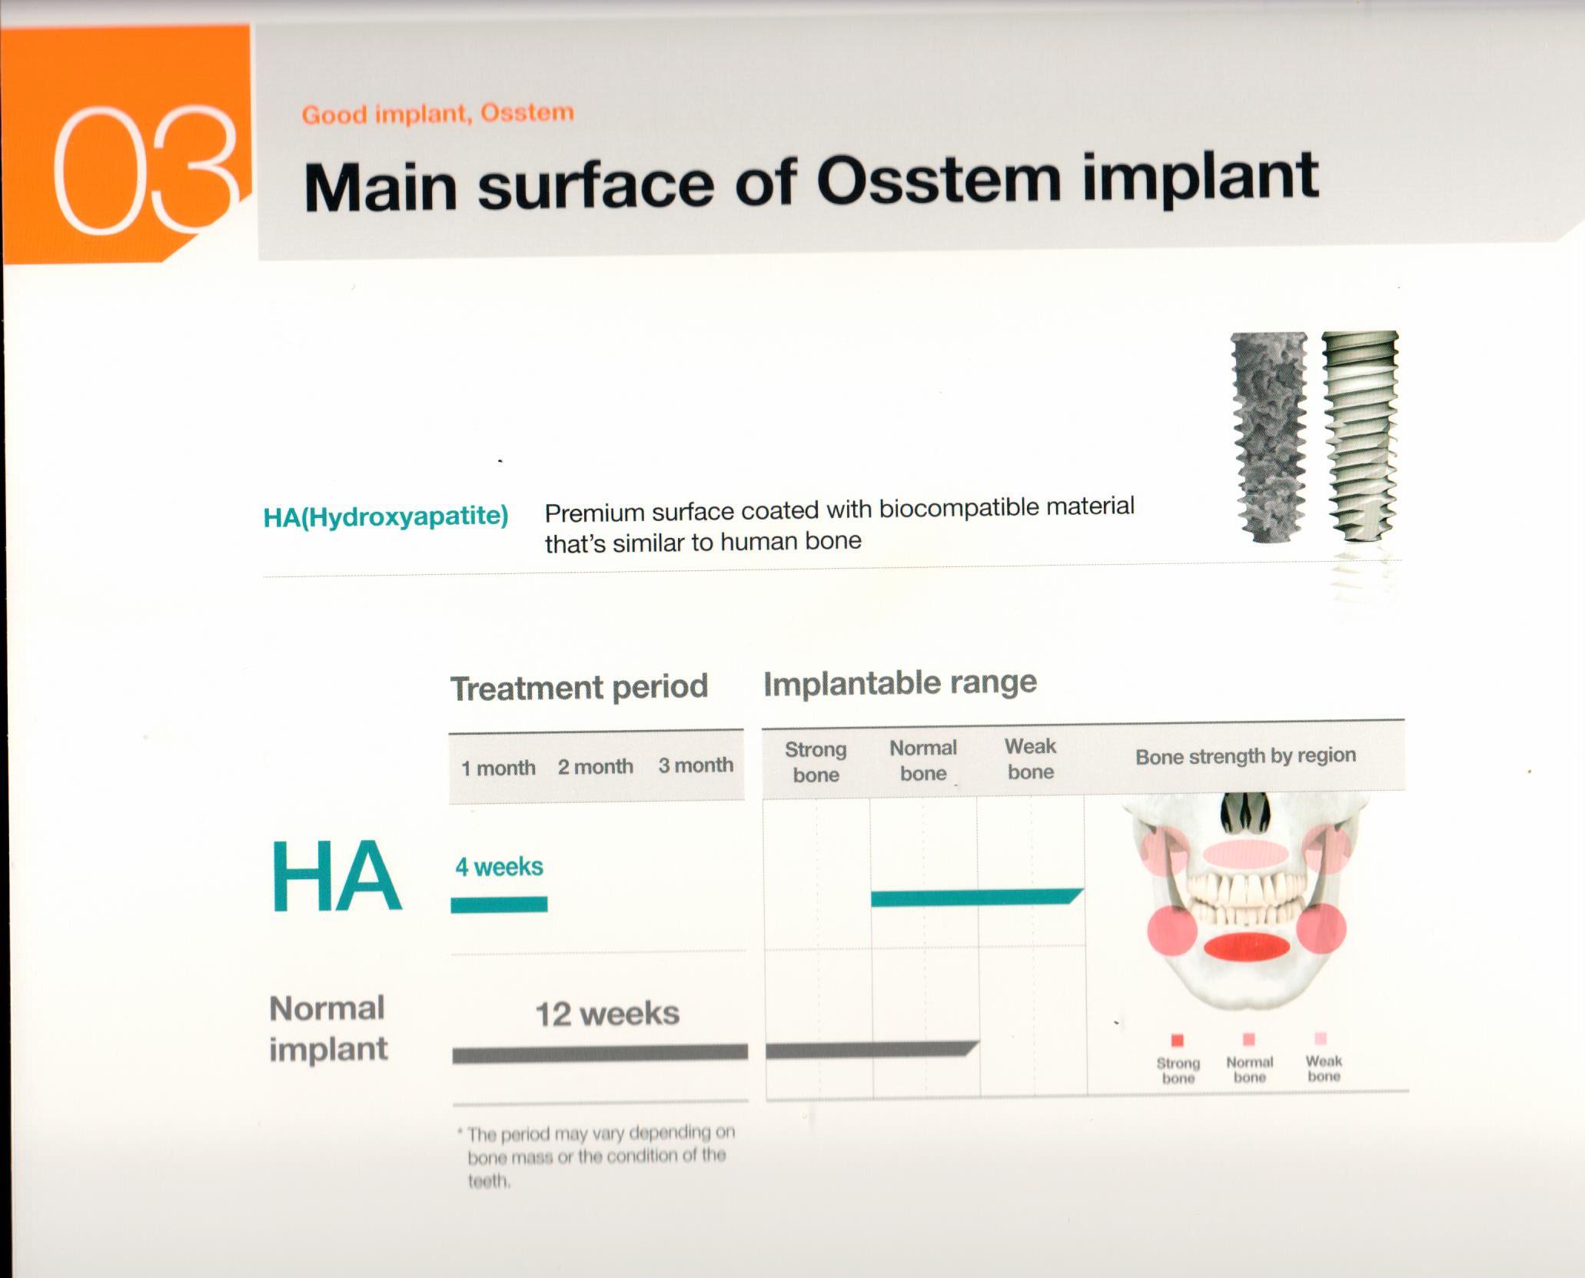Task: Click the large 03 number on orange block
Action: coord(145,171)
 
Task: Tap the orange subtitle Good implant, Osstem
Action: coord(437,114)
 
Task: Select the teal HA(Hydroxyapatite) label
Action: coord(386,516)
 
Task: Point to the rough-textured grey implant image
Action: coord(1269,436)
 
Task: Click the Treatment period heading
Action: coord(579,687)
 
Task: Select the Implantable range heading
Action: coord(900,682)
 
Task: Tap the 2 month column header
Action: coord(596,766)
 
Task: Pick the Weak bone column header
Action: coord(1030,759)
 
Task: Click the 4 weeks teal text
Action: coord(499,867)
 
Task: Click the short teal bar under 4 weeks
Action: coord(499,905)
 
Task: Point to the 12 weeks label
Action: coord(607,1014)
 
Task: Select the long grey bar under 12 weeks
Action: coord(600,1053)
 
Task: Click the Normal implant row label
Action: coord(327,1028)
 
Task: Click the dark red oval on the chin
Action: coord(1246,947)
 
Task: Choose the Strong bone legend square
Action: coord(1177,1041)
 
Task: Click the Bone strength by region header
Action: coord(1245,756)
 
